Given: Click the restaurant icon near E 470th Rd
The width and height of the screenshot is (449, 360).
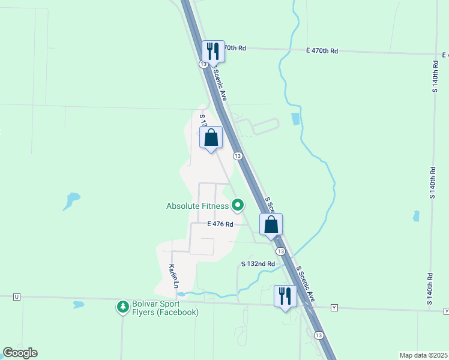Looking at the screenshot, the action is [x=212, y=51].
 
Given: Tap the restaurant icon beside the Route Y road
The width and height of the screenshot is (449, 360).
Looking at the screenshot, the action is [x=285, y=296].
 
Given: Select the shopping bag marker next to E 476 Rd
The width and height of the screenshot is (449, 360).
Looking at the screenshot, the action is [x=271, y=224].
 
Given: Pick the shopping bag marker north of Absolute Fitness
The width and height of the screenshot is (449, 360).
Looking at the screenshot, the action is [x=211, y=137].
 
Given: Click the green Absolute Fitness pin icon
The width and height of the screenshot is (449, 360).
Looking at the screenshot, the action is [x=238, y=206].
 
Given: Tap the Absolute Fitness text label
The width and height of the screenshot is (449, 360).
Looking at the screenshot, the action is [x=197, y=206].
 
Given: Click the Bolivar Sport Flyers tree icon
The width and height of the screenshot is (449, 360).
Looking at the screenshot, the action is [x=123, y=307].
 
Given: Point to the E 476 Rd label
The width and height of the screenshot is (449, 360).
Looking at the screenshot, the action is [x=219, y=224].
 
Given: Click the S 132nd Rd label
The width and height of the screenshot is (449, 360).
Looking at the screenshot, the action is [x=258, y=263].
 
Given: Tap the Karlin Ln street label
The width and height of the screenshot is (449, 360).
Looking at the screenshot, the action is [x=173, y=275].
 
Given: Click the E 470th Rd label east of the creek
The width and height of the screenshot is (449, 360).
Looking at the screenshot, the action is [x=322, y=51].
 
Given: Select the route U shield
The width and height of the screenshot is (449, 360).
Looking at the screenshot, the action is [x=16, y=297].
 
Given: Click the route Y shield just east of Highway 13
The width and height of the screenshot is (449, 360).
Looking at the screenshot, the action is [x=334, y=308].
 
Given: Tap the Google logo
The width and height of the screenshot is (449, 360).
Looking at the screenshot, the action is [x=20, y=353].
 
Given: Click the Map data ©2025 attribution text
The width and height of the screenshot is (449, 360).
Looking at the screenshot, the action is [x=423, y=355].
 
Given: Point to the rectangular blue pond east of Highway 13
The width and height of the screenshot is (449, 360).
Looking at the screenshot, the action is [x=295, y=119].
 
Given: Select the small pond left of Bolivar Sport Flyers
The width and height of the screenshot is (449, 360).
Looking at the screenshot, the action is [x=79, y=304].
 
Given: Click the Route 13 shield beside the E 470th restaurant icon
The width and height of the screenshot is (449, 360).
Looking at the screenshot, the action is [x=204, y=64].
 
